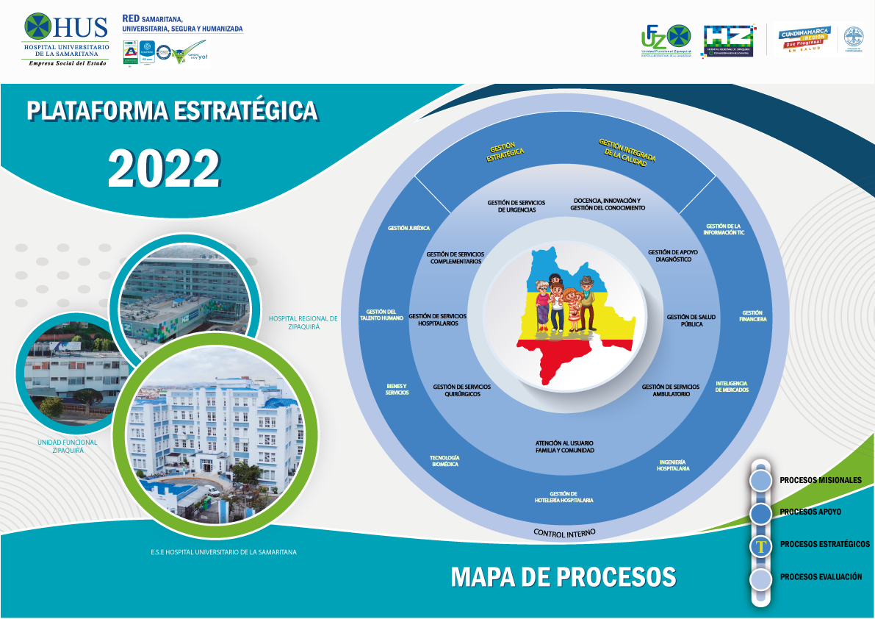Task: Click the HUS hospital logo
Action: point(66,40)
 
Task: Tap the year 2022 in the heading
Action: point(164,168)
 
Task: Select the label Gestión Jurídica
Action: point(408,228)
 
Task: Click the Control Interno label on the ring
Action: point(564,532)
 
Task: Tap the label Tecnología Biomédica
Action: point(444,461)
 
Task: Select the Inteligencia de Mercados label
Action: point(732,387)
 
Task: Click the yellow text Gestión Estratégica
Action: point(505,150)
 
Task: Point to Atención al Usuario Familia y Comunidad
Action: point(564,446)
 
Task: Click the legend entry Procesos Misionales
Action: point(820,480)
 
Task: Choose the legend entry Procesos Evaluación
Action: point(821,577)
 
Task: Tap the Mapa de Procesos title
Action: point(563,576)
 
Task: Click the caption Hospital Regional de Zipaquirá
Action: point(303,323)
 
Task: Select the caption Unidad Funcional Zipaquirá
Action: point(67,446)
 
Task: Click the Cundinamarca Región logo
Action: point(805,40)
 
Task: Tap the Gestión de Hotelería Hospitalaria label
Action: point(563,497)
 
